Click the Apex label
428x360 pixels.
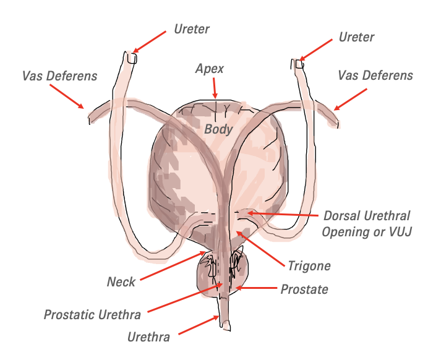209,69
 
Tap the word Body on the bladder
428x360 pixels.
218,129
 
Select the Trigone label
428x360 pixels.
309,265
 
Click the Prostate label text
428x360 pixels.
304,289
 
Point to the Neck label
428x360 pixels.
121,281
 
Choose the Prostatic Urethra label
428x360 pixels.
92,314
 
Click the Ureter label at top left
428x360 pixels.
192,29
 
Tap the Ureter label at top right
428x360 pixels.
356,37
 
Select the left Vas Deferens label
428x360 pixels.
59,76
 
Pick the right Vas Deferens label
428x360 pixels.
375,75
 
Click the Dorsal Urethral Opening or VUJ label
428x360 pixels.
367,223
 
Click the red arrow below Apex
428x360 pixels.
215,88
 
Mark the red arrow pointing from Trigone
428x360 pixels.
260,249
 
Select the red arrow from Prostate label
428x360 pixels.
256,288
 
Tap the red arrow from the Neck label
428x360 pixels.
173,265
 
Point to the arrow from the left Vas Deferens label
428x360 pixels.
67,96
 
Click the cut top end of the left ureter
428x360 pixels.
132,58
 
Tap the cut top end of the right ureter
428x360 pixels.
299,64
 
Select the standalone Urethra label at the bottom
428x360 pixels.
148,336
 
